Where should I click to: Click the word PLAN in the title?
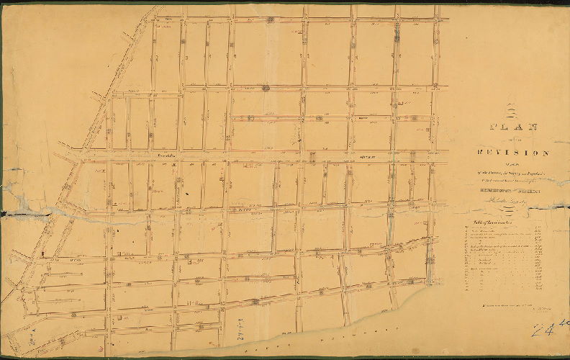click(x=513, y=127)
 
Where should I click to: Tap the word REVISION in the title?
click(x=513, y=153)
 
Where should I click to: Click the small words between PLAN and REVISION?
click(x=513, y=140)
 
